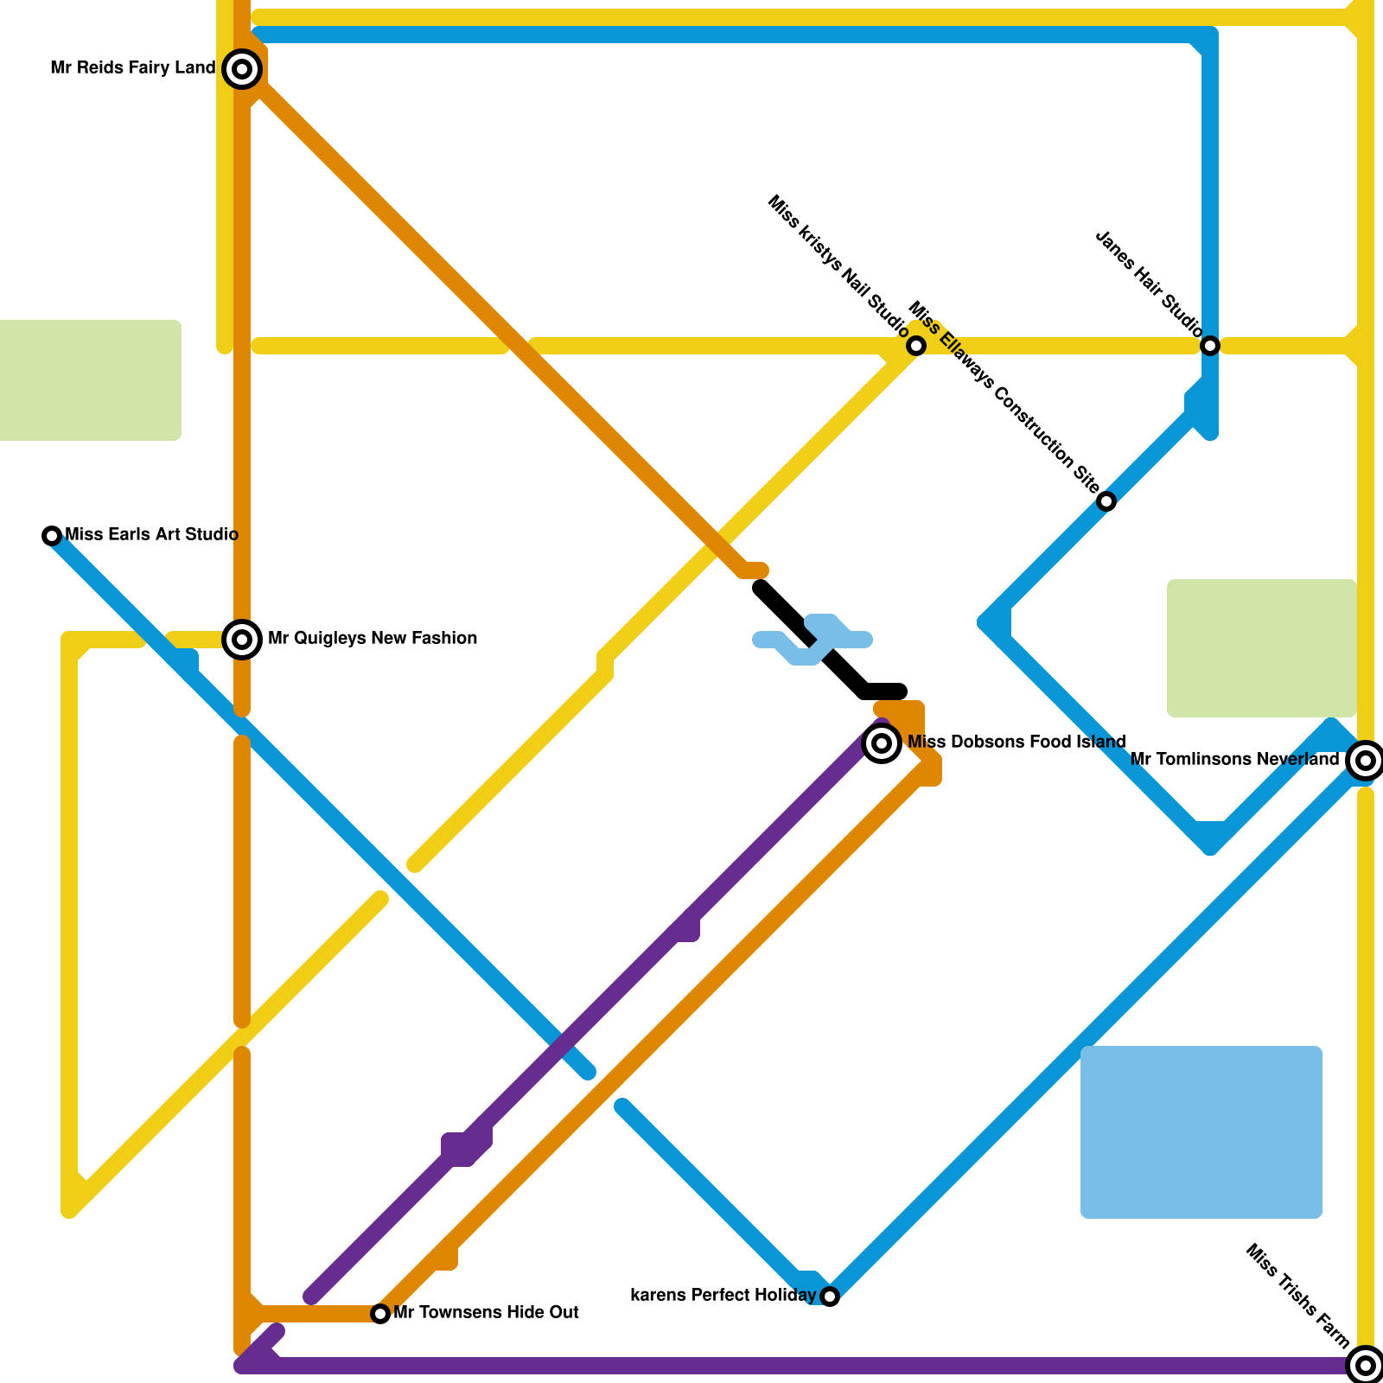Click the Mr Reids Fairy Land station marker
click(242, 69)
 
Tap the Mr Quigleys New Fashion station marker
click(242, 640)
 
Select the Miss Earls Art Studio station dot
click(52, 536)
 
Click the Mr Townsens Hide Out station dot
click(380, 1314)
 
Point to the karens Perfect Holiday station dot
click(830, 1297)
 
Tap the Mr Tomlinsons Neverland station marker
click(1366, 761)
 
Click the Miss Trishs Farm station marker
click(1366, 1366)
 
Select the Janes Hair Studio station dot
click(1210, 346)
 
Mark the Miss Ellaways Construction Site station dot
click(1106, 501)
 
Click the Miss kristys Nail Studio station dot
click(916, 346)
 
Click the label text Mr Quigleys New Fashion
click(373, 639)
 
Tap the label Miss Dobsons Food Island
click(1017, 742)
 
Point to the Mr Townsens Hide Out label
click(486, 1312)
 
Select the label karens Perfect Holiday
click(723, 1295)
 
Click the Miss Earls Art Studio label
click(151, 534)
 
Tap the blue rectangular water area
click(1201, 1132)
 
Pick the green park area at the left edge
click(90, 380)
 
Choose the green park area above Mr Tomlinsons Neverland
click(1262, 648)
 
